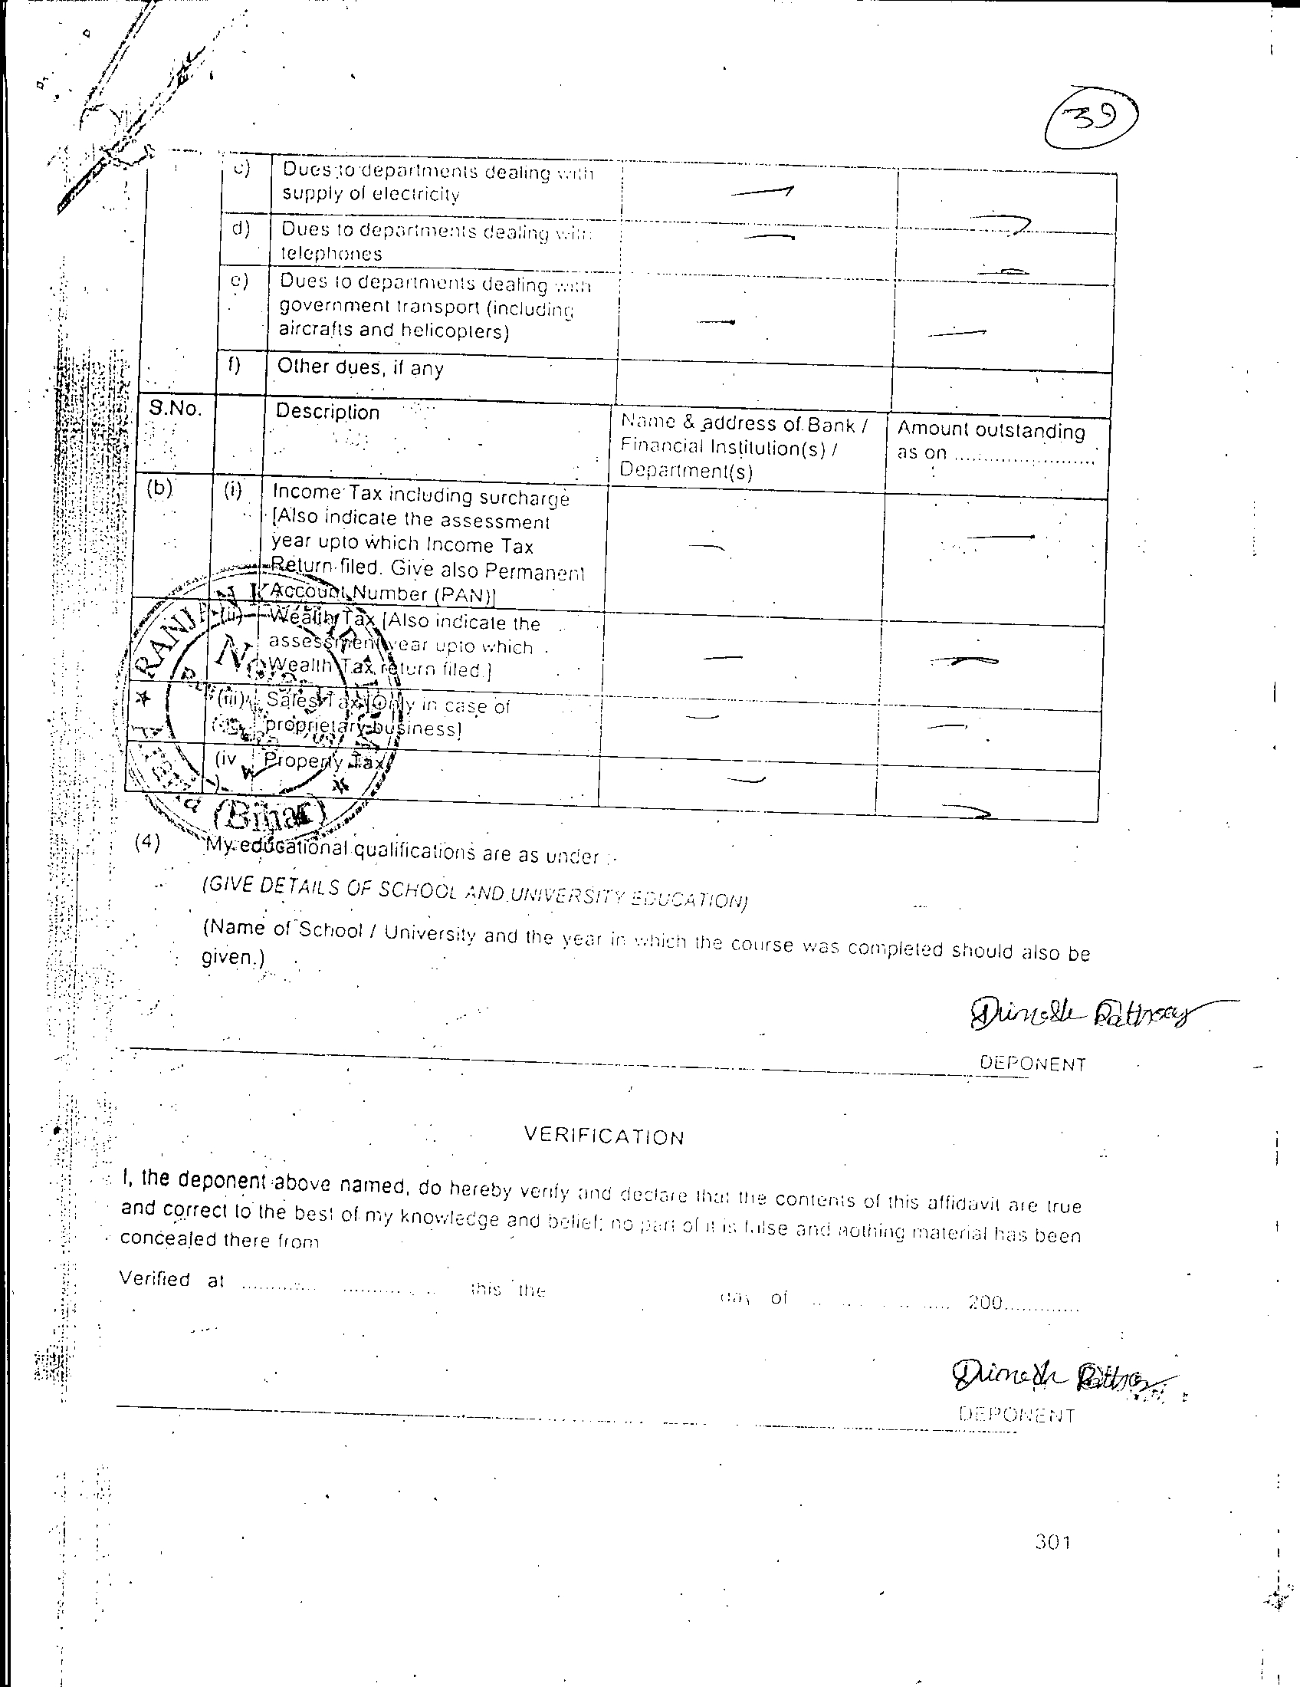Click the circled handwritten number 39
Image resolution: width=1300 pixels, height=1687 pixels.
(1091, 121)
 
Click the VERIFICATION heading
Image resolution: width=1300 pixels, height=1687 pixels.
(604, 1136)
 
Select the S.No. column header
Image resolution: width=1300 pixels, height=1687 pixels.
(176, 409)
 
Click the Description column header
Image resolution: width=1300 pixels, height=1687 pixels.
(327, 412)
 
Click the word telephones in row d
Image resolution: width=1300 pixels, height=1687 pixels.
(331, 253)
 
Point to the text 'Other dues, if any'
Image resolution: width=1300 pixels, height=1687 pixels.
(359, 367)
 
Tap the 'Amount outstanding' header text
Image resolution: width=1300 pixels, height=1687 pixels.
(990, 430)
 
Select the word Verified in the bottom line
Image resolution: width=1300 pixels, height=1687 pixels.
(154, 1278)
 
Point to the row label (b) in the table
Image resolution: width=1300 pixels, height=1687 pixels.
(159, 489)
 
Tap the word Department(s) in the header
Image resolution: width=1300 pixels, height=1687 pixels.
(685, 470)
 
